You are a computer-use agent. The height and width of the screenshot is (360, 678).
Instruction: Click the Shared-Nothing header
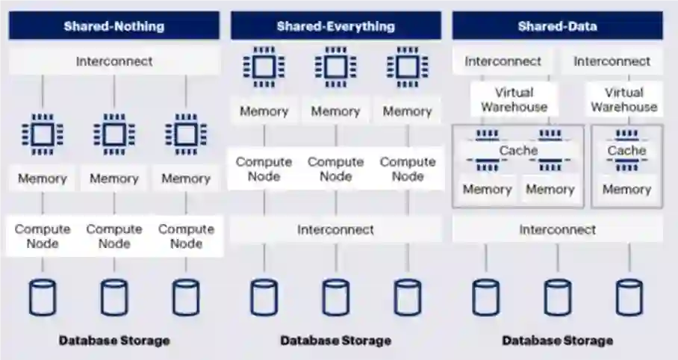(114, 26)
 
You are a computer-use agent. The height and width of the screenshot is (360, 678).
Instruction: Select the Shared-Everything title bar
(335, 26)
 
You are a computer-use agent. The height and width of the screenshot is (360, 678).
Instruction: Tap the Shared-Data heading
(557, 26)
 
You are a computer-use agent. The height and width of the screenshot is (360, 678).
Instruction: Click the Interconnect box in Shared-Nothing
(114, 61)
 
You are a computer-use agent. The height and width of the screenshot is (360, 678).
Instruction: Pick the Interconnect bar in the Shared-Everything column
(335, 229)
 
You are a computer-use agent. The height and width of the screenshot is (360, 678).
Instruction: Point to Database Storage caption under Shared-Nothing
(114, 341)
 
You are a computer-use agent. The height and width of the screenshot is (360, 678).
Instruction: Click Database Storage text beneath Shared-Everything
(335, 341)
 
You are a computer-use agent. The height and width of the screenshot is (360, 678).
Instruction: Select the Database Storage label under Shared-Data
(557, 341)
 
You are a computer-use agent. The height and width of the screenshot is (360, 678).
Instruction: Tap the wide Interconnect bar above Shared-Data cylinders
(557, 229)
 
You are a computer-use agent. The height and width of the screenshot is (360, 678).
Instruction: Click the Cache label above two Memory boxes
(518, 150)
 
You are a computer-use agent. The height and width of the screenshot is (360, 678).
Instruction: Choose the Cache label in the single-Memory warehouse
(626, 150)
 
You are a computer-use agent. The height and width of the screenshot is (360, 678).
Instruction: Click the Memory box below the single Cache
(626, 189)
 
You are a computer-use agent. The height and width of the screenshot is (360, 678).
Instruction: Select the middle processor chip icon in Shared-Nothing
(114, 134)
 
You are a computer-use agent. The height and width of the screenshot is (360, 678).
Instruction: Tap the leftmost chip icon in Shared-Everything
(264, 67)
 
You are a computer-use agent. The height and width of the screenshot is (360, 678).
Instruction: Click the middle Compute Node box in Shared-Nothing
(114, 236)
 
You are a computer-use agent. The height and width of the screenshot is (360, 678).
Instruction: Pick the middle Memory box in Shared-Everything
(335, 111)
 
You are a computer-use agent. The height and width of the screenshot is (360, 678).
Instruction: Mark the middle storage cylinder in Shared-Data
(557, 297)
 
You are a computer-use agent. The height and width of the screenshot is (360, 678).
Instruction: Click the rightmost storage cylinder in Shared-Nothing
(186, 297)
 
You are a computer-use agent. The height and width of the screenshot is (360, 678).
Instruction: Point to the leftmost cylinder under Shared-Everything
(264, 297)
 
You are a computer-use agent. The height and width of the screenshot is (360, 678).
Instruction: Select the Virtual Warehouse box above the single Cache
(623, 99)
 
